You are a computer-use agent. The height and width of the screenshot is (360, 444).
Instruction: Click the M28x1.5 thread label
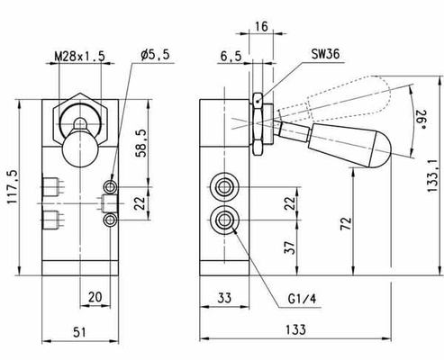pyautogui.click(x=80, y=56)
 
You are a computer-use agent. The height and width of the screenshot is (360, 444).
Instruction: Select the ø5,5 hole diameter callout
pyautogui.click(x=155, y=55)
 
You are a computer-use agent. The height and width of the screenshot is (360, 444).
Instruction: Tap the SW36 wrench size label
pyautogui.click(x=325, y=54)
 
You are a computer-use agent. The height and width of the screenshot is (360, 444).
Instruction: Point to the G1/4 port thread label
pyautogui.click(x=302, y=299)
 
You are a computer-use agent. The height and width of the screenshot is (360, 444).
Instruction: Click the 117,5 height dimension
pyautogui.click(x=13, y=187)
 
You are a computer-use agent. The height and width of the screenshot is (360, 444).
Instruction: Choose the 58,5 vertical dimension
pyautogui.click(x=141, y=143)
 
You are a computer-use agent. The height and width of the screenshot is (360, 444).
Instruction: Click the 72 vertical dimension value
pyautogui.click(x=346, y=223)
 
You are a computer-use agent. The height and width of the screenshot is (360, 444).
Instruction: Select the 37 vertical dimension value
pyautogui.click(x=290, y=247)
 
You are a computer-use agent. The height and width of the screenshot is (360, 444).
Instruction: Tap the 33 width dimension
pyautogui.click(x=224, y=298)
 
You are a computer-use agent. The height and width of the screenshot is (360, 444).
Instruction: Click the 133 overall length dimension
pyautogui.click(x=295, y=329)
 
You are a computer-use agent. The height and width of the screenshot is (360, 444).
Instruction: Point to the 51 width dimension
pyautogui.click(x=79, y=332)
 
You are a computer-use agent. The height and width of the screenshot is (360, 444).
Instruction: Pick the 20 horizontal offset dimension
pyautogui.click(x=95, y=297)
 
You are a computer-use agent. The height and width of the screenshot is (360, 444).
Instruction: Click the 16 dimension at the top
pyautogui.click(x=261, y=26)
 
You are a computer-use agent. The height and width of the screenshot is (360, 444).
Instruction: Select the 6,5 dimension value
pyautogui.click(x=231, y=56)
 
